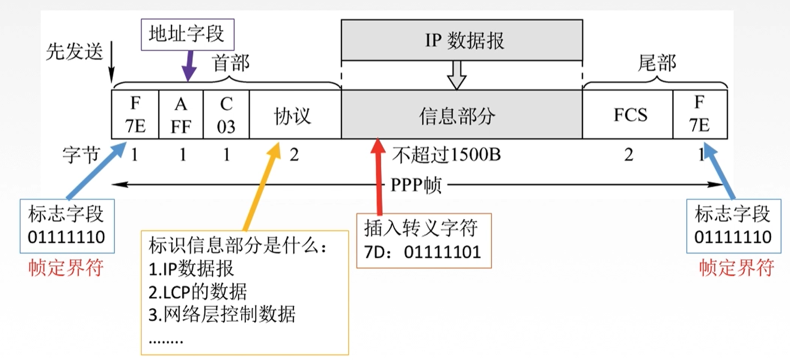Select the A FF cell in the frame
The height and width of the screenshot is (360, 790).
[x=181, y=115]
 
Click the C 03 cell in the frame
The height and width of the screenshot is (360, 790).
[x=226, y=115]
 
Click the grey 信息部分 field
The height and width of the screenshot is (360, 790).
[x=461, y=115]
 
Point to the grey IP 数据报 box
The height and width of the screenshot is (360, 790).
[x=462, y=40]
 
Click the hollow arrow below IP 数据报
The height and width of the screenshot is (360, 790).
[x=456, y=75]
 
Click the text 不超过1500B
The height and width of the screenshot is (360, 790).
[x=447, y=155]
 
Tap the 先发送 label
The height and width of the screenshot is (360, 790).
[x=74, y=53]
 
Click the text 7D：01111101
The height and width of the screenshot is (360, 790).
[x=423, y=251]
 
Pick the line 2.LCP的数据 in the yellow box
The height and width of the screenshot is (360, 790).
[x=198, y=291]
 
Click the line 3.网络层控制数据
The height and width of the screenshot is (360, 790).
[x=221, y=315]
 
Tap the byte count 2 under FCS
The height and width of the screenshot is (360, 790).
[x=629, y=155]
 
